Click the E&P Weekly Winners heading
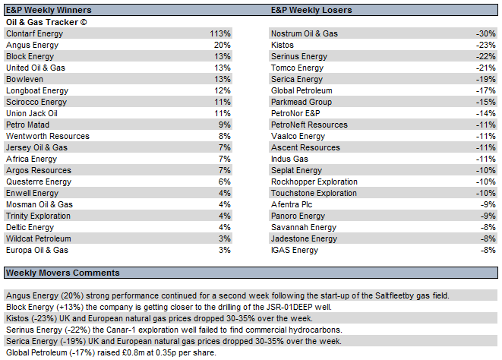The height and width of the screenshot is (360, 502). [49, 10]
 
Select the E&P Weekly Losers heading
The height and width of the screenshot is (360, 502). [311, 10]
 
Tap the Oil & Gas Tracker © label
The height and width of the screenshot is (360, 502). [46, 22]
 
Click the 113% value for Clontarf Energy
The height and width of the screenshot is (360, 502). [220, 33]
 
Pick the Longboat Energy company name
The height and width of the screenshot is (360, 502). [37, 90]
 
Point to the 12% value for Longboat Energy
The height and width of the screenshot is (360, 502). [223, 90]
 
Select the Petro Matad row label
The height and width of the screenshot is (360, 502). [27, 125]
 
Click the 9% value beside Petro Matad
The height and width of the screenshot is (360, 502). [225, 125]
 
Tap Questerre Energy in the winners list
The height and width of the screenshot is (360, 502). [39, 182]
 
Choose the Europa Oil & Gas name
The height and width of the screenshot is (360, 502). [37, 250]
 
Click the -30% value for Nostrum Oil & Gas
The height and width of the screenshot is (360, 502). [486, 33]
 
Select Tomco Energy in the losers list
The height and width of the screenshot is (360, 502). [297, 68]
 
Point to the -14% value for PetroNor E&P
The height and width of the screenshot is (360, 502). [486, 113]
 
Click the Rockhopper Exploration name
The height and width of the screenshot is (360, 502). [314, 182]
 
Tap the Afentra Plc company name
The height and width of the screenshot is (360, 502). [292, 204]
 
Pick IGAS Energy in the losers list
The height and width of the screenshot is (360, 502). [295, 250]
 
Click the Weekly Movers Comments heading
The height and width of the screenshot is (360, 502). [63, 273]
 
